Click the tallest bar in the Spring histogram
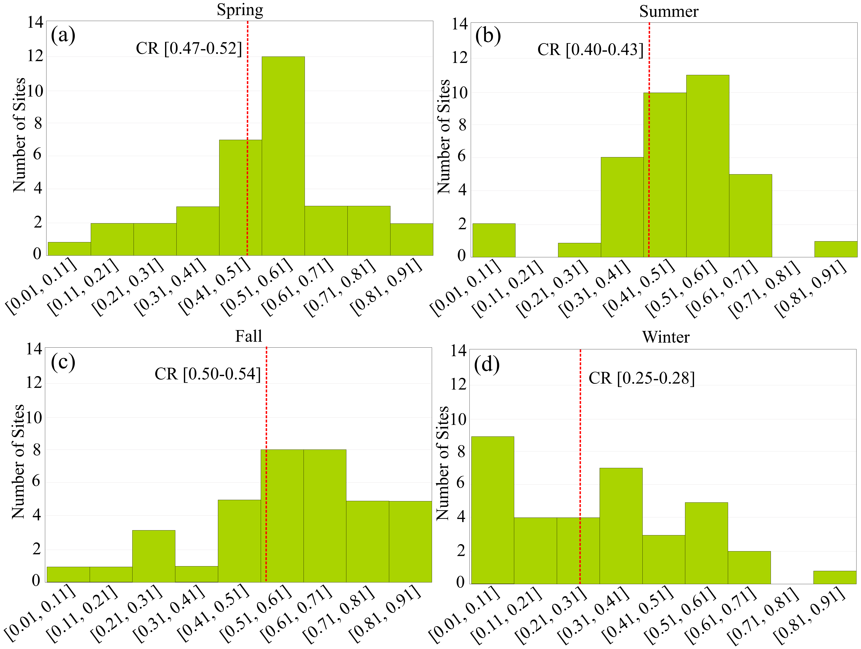[283, 156]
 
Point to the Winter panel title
[666, 337]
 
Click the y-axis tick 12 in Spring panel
[35, 57]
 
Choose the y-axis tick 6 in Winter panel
[460, 483]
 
